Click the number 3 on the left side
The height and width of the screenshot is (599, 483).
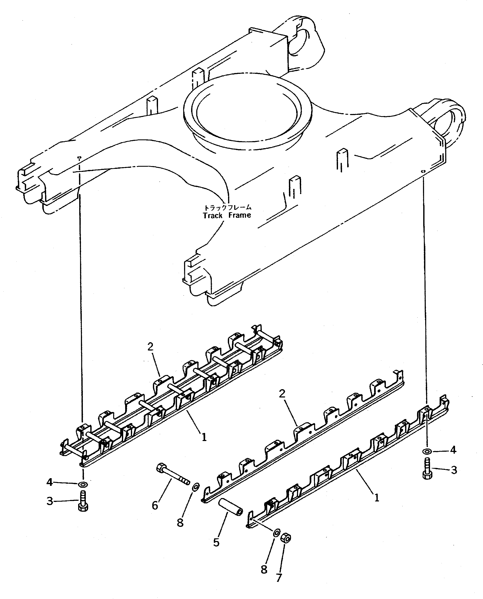[x=50, y=501]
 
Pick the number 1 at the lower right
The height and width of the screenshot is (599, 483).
[x=377, y=498]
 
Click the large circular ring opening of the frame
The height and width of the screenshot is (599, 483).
[x=247, y=109]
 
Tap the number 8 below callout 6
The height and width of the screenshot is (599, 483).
[x=180, y=523]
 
